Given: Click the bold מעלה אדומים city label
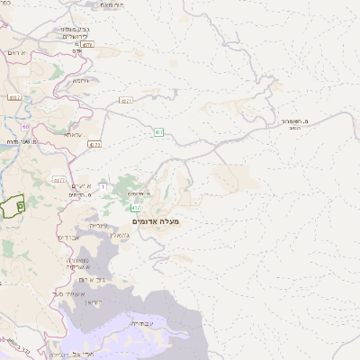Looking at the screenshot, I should pyautogui.click(x=156, y=221).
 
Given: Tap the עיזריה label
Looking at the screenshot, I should pyautogui.click(x=99, y=226).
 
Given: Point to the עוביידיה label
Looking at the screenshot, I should pyautogui.click(x=142, y=321).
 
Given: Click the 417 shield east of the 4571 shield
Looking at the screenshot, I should pyautogui.click(x=158, y=132).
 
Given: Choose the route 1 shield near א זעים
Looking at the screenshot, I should pyautogui.click(x=103, y=186).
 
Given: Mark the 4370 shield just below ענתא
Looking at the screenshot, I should pyautogui.click(x=95, y=144).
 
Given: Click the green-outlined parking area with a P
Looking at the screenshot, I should pyautogui.click(x=13, y=206).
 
